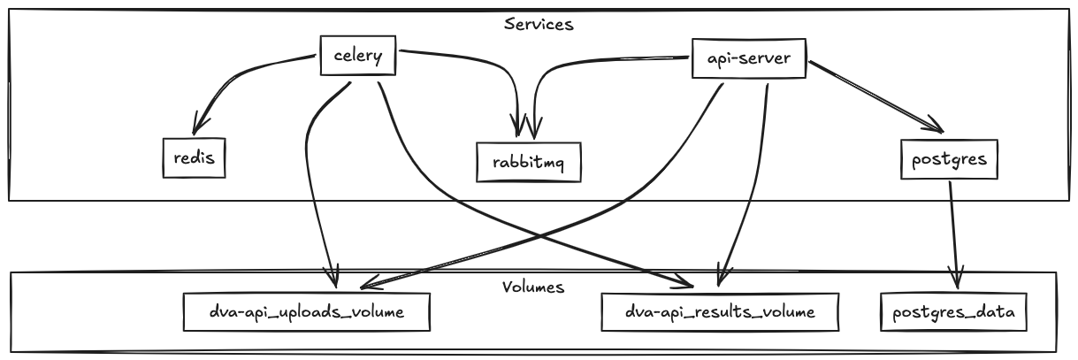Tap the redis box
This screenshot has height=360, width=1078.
point(189,157)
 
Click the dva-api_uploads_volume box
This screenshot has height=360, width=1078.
point(306,311)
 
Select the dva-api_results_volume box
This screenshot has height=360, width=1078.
point(719,311)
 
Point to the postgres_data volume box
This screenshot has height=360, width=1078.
point(954,311)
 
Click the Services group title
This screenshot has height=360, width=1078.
point(539,24)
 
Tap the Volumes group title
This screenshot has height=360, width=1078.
point(533,287)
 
